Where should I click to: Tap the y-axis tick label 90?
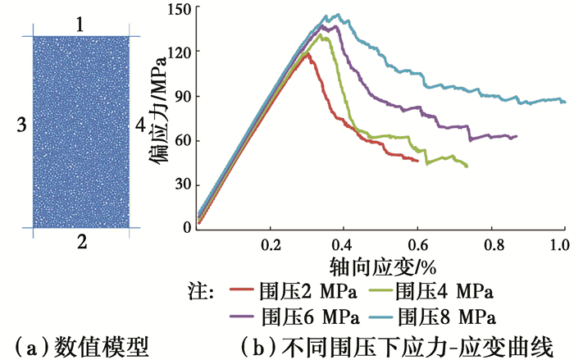point(184,96)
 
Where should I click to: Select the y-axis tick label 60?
point(184,140)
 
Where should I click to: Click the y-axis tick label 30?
point(184,185)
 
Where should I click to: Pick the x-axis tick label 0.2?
point(271,244)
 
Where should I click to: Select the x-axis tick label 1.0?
point(560,244)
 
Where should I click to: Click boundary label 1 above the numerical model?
point(80,25)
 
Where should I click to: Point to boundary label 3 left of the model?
point(21,125)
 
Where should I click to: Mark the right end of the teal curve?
point(565,102)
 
